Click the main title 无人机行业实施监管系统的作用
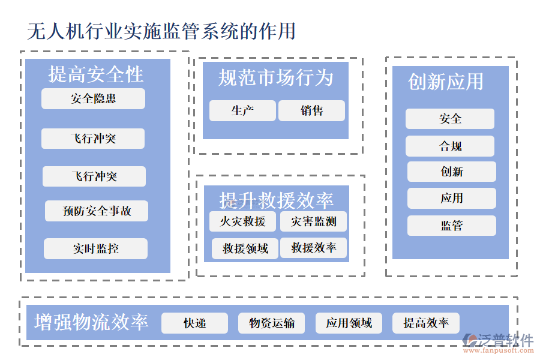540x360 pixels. [x=161, y=31]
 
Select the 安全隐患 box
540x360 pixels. [x=93, y=99]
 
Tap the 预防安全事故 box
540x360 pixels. [x=97, y=211]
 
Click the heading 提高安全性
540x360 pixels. [x=96, y=74]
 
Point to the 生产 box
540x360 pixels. [x=242, y=111]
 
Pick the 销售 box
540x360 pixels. [x=311, y=111]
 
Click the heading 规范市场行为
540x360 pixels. [x=275, y=77]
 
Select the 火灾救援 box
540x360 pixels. [x=242, y=221]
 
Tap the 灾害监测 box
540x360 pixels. [x=313, y=221]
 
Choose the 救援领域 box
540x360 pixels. [x=245, y=248]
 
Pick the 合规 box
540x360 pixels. [x=450, y=146]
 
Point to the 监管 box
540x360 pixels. [x=452, y=226]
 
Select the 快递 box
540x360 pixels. [x=194, y=323]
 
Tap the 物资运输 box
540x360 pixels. [x=271, y=323]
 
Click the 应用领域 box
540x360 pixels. [x=349, y=323]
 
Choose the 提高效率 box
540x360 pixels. [x=426, y=323]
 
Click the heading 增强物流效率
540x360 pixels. [x=91, y=322]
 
